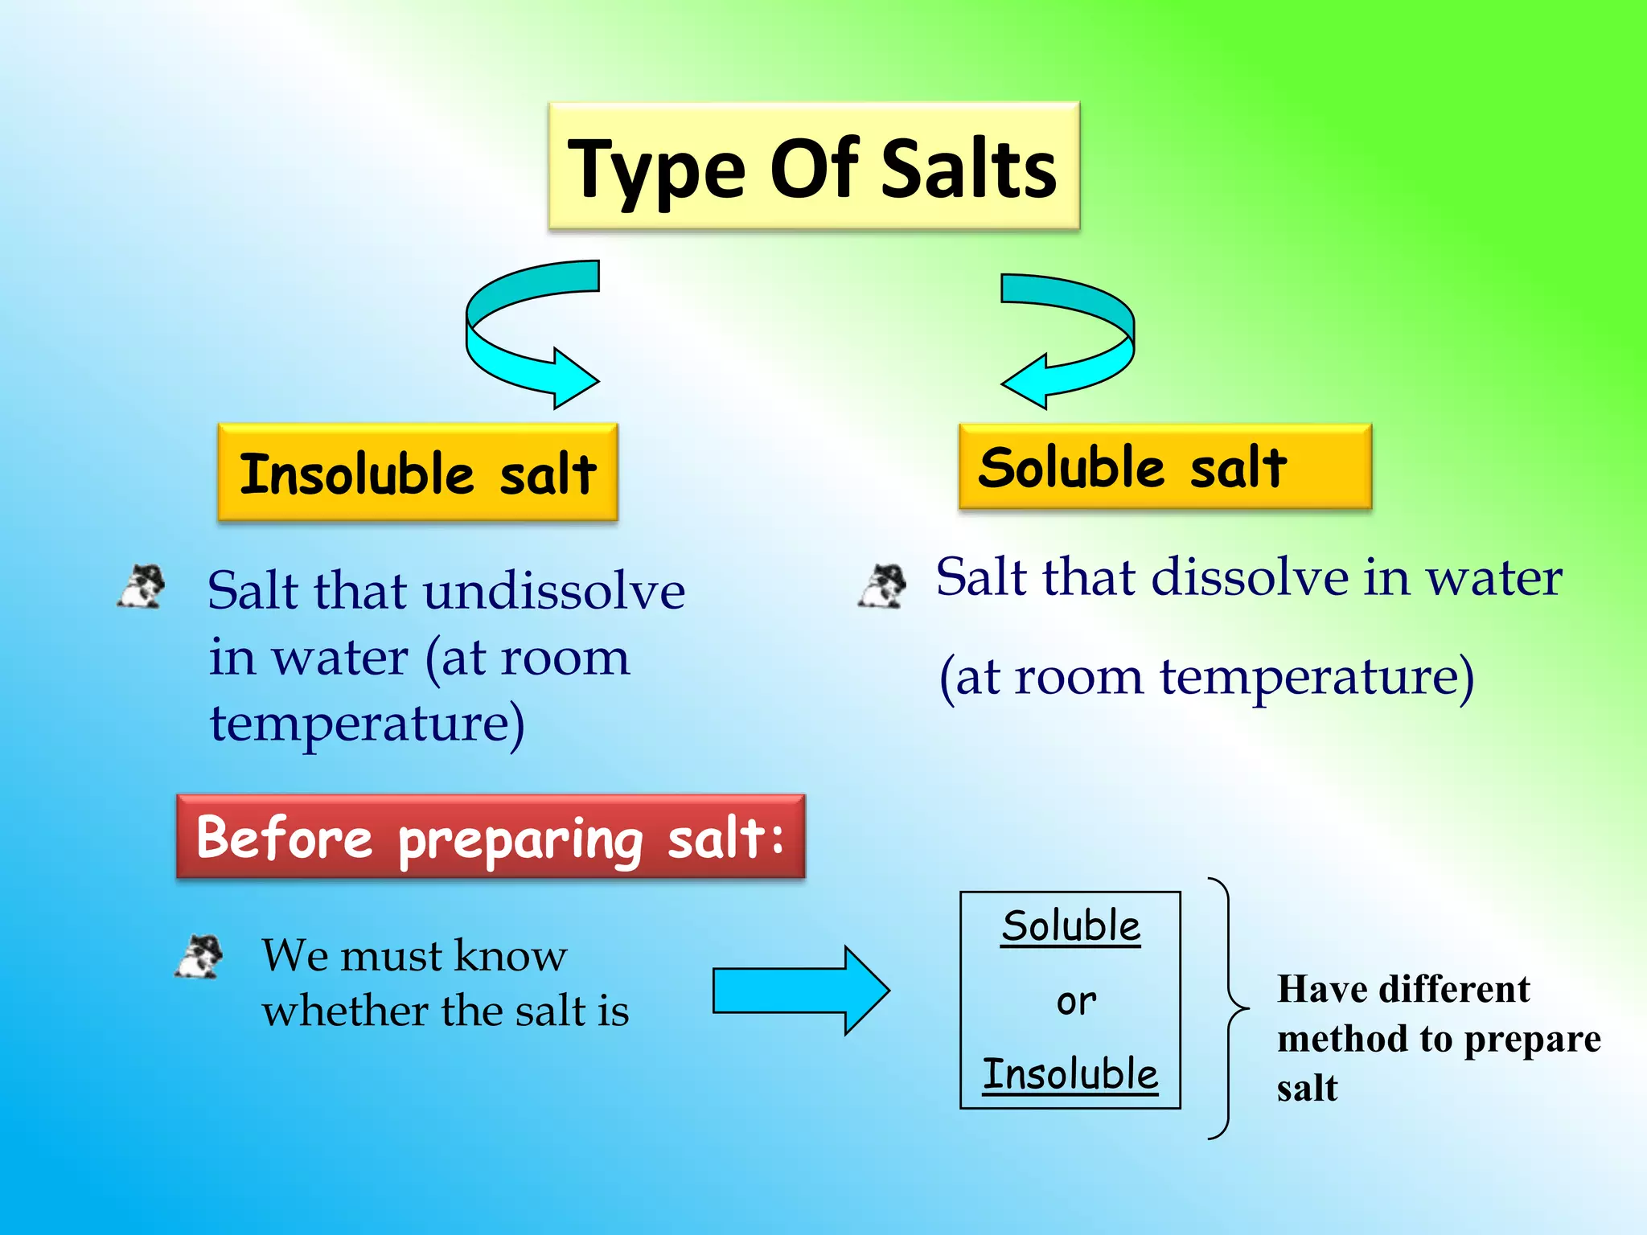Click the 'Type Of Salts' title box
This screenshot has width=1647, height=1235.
click(813, 166)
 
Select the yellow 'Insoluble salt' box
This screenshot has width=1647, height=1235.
click(417, 473)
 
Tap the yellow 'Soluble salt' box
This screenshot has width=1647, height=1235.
click(1164, 467)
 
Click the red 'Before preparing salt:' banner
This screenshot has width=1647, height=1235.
click(491, 837)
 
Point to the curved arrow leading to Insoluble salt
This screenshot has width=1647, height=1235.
click(515, 338)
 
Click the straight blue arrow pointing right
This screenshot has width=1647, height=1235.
click(800, 990)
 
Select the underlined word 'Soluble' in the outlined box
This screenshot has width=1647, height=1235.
click(1070, 926)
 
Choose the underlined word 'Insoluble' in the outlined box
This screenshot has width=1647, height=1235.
click(1070, 1074)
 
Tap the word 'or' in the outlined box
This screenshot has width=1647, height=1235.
click(1076, 1002)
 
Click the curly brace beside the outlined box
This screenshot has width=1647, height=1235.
click(1227, 1008)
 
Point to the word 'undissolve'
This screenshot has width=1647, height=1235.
click(554, 591)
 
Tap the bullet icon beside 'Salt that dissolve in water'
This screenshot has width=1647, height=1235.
click(882, 585)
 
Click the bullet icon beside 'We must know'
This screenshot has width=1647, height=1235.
click(199, 956)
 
